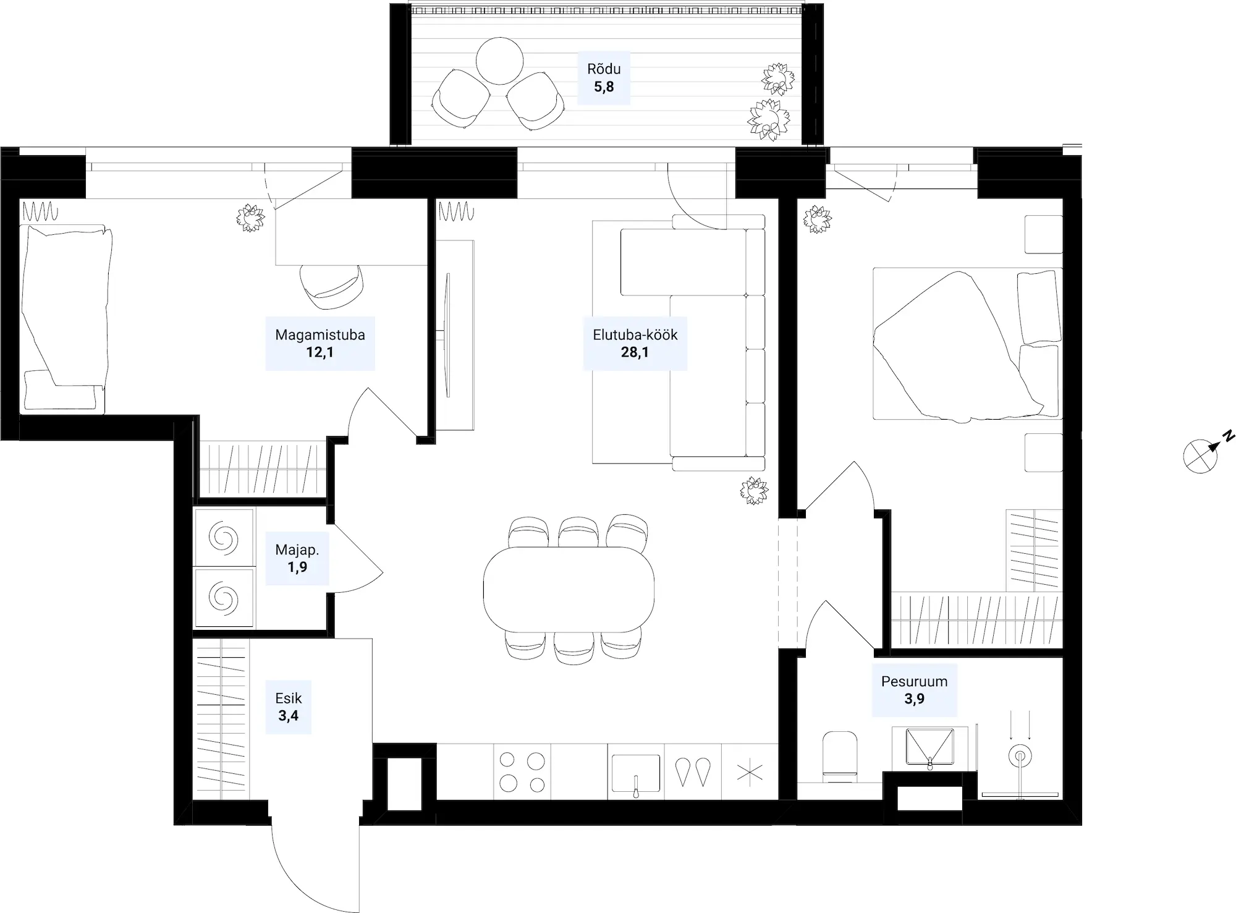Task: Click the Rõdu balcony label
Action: (604, 77)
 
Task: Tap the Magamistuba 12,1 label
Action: (320, 344)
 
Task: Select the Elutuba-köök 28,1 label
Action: (635, 344)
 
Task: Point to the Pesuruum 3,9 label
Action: (915, 690)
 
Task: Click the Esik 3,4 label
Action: (289, 707)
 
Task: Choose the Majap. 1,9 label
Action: (297, 558)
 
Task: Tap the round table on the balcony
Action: (500, 61)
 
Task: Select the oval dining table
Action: (569, 589)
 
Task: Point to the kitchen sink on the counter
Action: (635, 774)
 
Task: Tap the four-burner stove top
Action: (522, 772)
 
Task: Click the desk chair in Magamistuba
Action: (331, 287)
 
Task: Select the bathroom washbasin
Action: (929, 747)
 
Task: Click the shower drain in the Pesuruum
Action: (1020, 755)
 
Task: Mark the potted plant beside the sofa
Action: (755, 490)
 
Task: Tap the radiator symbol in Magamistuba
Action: (40, 212)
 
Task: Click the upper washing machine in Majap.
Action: (224, 537)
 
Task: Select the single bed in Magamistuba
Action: (63, 319)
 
